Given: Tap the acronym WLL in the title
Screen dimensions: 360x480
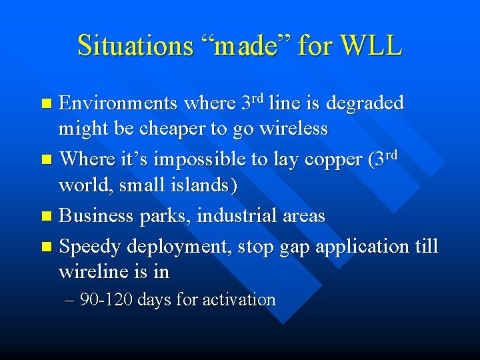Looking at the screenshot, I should pyautogui.click(x=370, y=46).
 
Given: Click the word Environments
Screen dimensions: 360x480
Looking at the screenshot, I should pyautogui.click(x=118, y=103).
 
